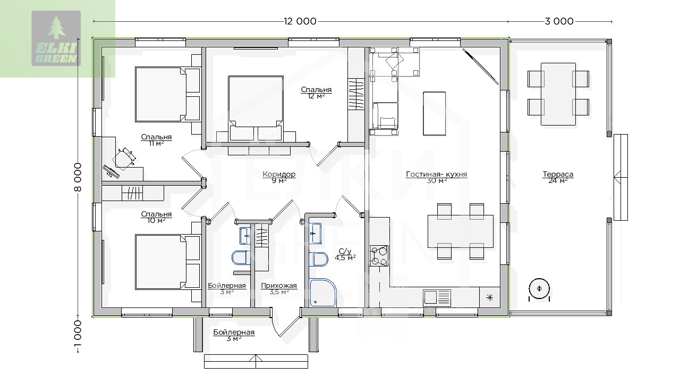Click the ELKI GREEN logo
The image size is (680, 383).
pyautogui.click(x=56, y=38)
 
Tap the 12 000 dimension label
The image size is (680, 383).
pyautogui.click(x=300, y=21)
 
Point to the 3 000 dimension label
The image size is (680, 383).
pyautogui.click(x=559, y=21)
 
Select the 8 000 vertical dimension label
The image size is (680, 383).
pyautogui.click(x=78, y=177)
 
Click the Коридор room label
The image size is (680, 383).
pyautogui.click(x=279, y=174)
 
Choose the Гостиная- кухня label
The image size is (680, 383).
pyautogui.click(x=436, y=174)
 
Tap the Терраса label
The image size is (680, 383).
pyautogui.click(x=558, y=174)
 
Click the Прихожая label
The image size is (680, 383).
pyautogui.click(x=279, y=286)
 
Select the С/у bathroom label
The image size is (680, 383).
pyautogui.click(x=345, y=251)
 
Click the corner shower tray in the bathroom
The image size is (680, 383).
pyautogui.click(x=323, y=293)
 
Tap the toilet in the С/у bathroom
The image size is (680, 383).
pyautogui.click(x=318, y=259)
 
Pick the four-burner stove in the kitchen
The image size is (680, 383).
pyautogui.click(x=379, y=256)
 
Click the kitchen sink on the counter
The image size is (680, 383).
pyautogui.click(x=437, y=297)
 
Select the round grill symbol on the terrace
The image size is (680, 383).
pyautogui.click(x=539, y=289)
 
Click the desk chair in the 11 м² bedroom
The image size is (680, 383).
pyautogui.click(x=124, y=158)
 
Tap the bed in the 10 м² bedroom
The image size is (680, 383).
pyautogui.click(x=167, y=262)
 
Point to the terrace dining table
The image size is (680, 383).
pyautogui.click(x=558, y=94)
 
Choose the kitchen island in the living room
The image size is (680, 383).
pyautogui.click(x=435, y=113)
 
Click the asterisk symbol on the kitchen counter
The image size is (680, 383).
pyautogui.click(x=490, y=297)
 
